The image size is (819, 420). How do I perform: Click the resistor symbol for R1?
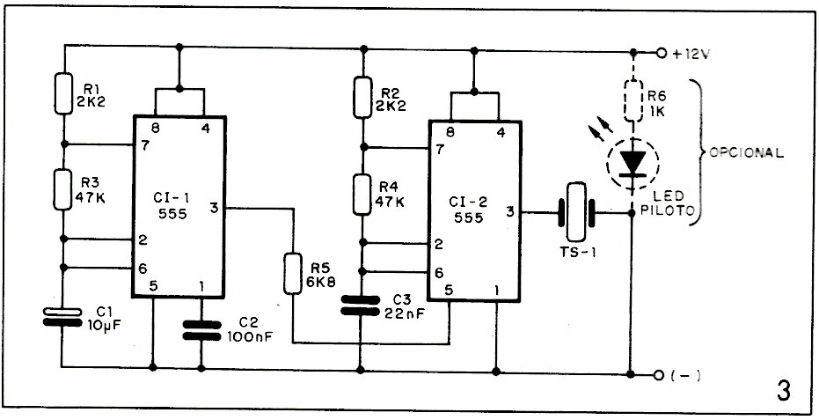63,93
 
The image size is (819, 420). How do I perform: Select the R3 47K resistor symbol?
63,188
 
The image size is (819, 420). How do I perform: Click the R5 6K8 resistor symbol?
293,273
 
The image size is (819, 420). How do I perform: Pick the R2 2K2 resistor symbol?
362,96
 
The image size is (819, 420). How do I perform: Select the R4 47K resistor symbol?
362,194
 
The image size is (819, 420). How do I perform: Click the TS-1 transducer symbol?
575,211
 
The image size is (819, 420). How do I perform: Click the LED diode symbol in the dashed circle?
633,162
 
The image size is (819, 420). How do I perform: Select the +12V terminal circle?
662,53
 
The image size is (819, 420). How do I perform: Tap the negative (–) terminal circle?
662,374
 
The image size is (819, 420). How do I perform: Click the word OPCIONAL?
745,152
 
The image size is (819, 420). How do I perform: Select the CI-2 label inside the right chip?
469,198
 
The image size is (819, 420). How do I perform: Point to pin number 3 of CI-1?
214,209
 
